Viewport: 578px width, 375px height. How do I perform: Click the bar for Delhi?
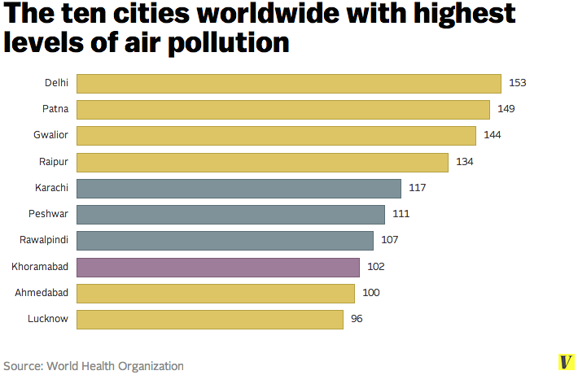288,84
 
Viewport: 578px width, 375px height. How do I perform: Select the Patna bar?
282,109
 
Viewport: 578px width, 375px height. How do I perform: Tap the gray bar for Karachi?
239,188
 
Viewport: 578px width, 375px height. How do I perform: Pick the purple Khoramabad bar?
218,267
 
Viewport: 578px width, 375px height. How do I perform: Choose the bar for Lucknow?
210,319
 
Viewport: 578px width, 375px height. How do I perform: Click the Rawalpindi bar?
225,241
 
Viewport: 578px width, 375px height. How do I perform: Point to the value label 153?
518,83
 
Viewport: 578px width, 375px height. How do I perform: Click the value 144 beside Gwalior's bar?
493,135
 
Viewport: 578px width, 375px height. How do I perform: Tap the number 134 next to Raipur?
465,162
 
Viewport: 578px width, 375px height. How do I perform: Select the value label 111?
401,214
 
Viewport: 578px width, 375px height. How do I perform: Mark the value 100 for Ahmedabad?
371,293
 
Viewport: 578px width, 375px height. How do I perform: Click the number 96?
357,319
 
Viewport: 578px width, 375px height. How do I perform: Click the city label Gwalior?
51,135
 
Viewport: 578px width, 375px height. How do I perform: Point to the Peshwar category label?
50,214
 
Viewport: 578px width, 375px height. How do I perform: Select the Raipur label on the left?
55,162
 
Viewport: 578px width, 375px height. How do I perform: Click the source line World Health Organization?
93,366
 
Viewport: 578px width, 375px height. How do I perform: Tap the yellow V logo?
563,363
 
